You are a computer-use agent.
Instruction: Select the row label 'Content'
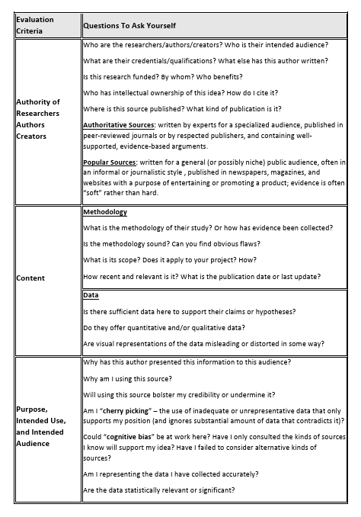pyautogui.click(x=31, y=278)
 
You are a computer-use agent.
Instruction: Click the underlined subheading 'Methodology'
pyautogui.click(x=104, y=213)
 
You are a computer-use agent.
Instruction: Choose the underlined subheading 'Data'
pyautogui.click(x=91, y=295)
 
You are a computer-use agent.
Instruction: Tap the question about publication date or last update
pyautogui.click(x=201, y=276)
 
